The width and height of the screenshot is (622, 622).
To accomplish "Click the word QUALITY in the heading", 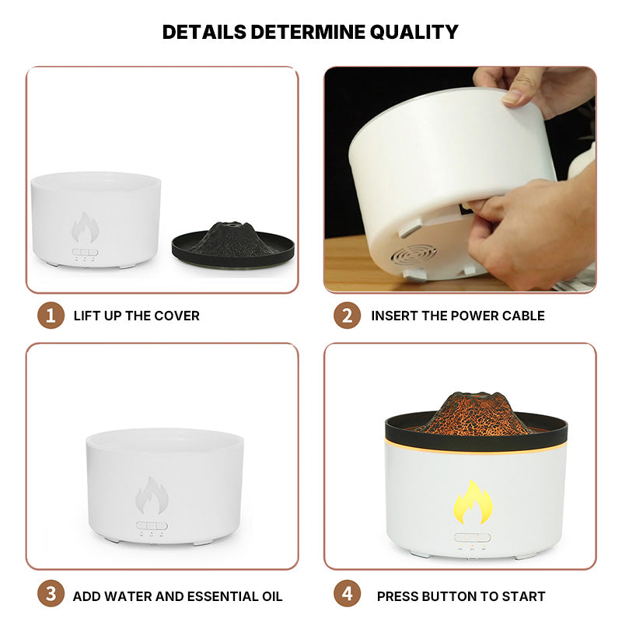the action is [414, 33].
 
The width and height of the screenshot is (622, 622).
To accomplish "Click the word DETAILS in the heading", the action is [204, 32].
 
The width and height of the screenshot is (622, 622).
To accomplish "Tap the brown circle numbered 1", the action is [51, 316].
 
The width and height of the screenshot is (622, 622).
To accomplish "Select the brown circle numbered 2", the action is [347, 316].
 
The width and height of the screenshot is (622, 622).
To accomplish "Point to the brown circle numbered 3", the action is [51, 594].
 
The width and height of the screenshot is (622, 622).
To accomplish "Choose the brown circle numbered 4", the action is [347, 594].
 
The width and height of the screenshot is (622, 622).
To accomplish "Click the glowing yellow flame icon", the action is [473, 502].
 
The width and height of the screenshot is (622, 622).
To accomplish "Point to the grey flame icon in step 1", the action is [85, 227].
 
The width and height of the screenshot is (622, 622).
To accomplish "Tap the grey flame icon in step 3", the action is [152, 495].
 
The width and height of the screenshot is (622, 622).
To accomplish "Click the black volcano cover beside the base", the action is [232, 244].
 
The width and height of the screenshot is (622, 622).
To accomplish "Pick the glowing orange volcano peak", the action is [476, 414].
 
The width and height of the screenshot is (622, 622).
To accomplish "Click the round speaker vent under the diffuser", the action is [414, 255].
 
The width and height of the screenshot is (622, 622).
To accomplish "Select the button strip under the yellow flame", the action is [473, 537].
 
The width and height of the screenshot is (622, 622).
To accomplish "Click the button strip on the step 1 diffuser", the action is [85, 252].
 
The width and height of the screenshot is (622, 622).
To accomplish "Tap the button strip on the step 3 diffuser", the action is [152, 526].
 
